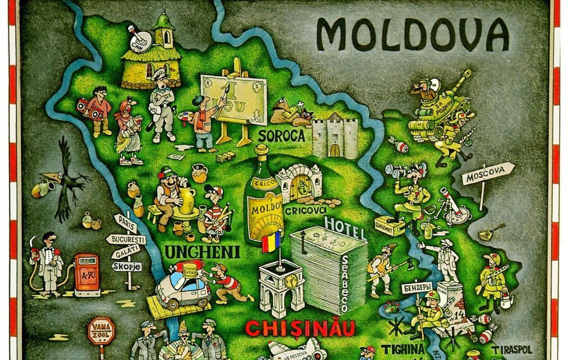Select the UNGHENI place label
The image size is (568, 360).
(x=195, y=252)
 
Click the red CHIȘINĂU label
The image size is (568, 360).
(x=300, y=328)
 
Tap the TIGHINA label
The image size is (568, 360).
(x=403, y=349)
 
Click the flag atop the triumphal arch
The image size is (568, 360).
(x=271, y=241)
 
